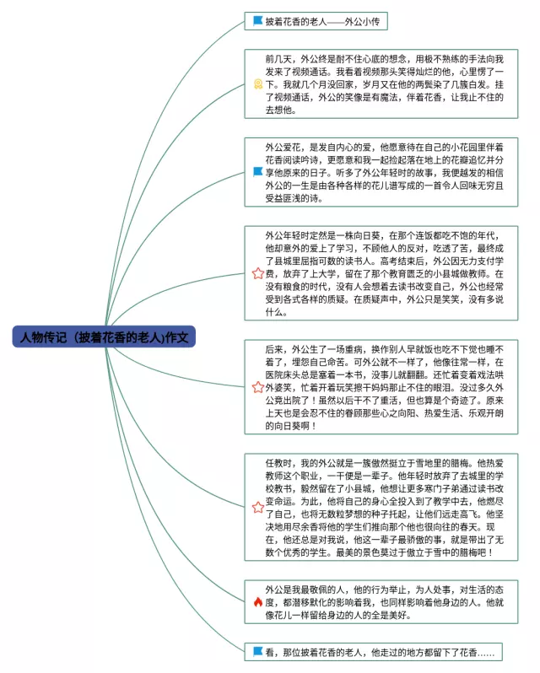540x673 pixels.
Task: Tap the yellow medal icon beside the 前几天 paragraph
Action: pos(257,84)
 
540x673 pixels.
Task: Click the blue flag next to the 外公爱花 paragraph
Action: pos(257,171)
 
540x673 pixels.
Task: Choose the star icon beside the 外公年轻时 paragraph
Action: pos(257,274)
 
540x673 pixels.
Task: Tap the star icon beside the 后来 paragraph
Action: pos(257,387)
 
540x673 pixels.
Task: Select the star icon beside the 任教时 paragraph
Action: pos(257,508)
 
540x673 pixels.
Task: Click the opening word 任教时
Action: pos(279,464)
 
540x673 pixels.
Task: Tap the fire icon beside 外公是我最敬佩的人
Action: pos(257,602)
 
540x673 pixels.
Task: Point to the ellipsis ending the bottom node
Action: pos(489,652)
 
